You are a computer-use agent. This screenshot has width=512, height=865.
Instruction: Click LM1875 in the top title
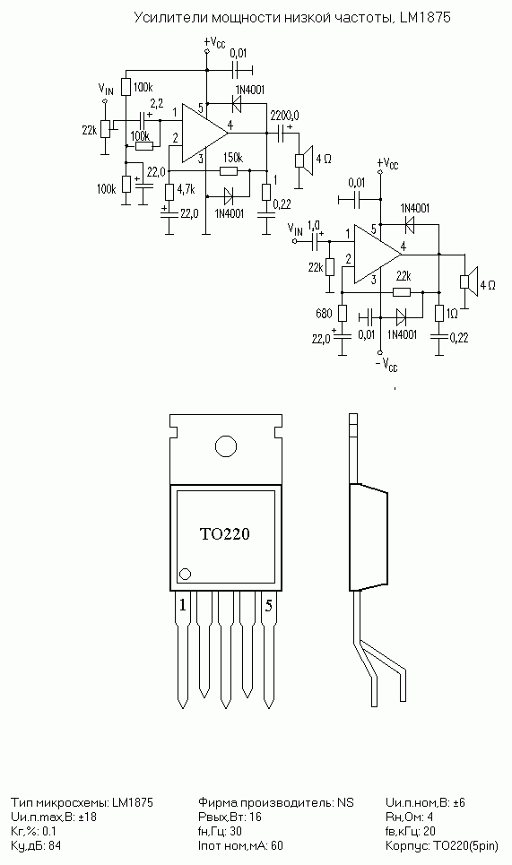click(425, 18)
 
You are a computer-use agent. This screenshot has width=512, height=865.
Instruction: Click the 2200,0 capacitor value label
click(284, 116)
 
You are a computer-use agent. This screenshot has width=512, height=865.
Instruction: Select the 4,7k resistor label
click(187, 189)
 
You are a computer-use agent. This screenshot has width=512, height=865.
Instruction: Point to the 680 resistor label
click(324, 314)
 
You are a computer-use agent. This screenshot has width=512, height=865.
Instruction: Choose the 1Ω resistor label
click(452, 314)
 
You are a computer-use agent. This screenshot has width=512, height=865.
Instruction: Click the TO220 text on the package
click(224, 533)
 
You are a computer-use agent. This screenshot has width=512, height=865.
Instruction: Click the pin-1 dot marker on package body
click(186, 574)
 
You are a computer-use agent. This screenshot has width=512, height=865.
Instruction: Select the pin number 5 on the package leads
click(269, 606)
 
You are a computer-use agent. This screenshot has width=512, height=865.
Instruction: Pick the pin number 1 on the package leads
click(183, 606)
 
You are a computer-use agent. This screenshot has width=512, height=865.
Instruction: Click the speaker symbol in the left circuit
click(305, 160)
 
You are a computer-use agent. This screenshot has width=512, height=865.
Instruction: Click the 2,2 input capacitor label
click(157, 104)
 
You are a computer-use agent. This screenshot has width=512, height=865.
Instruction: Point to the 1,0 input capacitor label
click(313, 224)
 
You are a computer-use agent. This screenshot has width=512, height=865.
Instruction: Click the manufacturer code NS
click(345, 802)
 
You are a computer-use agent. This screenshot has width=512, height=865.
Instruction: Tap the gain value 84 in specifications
click(55, 845)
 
